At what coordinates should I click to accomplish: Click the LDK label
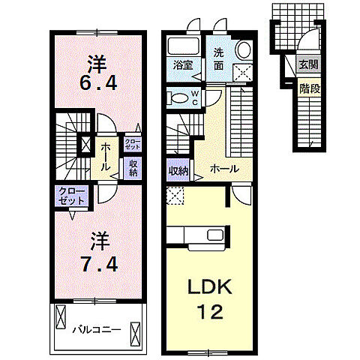click(210, 287)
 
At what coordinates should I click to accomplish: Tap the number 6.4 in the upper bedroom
click(98, 83)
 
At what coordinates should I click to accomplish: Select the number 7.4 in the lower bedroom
click(99, 264)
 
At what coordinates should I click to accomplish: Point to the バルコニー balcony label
click(97, 330)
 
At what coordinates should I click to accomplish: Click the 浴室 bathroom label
click(183, 65)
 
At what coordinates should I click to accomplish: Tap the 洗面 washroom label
click(218, 59)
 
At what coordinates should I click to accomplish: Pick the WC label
click(195, 98)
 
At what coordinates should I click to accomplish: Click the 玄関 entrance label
click(308, 65)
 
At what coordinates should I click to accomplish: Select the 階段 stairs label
click(310, 88)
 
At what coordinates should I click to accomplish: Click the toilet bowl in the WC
click(178, 98)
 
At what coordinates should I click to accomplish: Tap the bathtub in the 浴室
click(183, 46)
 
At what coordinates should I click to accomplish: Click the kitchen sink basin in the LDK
click(215, 235)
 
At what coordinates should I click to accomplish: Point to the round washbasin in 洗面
click(244, 49)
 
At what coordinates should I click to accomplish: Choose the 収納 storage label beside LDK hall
click(178, 171)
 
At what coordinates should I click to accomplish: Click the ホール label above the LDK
click(224, 169)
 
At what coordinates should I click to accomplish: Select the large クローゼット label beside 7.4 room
click(71, 196)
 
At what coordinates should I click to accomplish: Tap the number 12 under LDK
click(210, 312)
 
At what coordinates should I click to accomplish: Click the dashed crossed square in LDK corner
click(175, 196)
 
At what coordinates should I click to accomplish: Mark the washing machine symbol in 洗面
click(242, 73)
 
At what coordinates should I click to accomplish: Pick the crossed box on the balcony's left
click(61, 316)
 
